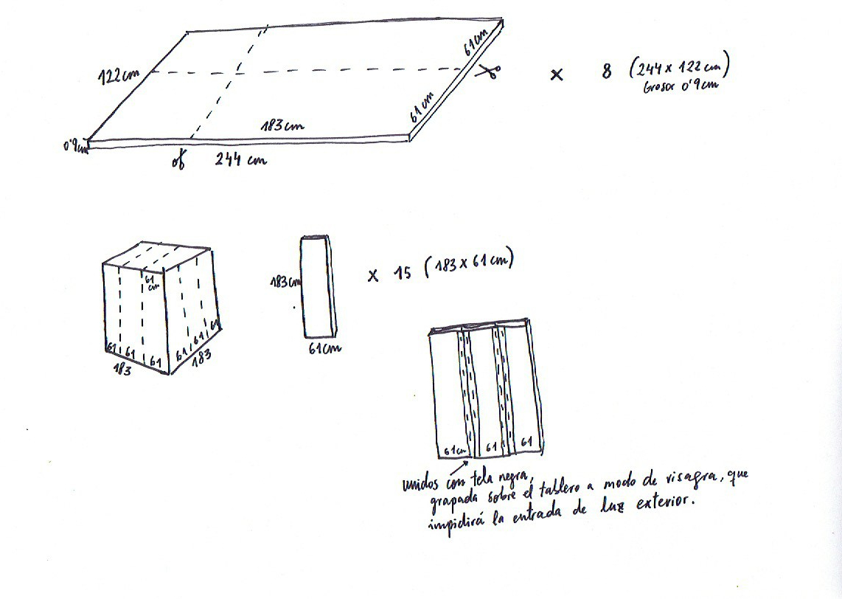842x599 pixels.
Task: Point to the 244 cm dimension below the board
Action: point(240,158)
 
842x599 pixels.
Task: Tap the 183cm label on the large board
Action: point(282,125)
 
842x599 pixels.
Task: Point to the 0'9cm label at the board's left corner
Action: point(76,148)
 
